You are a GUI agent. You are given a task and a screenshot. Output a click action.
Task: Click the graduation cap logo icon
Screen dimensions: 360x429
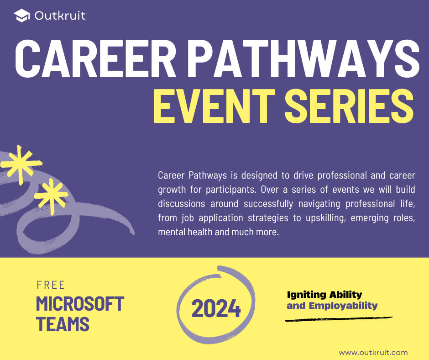tap(21, 16)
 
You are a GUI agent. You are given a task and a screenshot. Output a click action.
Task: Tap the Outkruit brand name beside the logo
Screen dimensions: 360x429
tap(59, 16)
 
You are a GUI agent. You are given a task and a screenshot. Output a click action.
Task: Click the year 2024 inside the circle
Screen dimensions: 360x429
tap(216, 309)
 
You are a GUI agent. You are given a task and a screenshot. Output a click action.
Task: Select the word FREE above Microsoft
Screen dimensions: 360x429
tap(51, 285)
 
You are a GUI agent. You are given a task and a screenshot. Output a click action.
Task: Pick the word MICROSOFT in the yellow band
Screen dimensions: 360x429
tap(80, 304)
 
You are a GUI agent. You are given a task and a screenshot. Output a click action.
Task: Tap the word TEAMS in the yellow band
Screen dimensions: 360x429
tap(63, 324)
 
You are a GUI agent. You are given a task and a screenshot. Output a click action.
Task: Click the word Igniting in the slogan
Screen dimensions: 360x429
tap(307, 295)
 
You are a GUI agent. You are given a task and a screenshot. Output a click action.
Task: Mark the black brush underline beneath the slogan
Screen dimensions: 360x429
tap(338, 318)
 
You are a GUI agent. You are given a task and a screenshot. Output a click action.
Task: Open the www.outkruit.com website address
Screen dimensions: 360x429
tap(373, 352)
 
